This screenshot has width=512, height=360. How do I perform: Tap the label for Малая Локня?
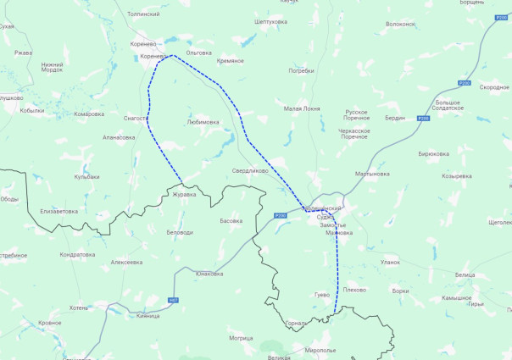coord(302,109)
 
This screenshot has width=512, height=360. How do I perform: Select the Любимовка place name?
coord(203,122)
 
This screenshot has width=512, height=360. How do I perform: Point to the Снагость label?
coord(136,119)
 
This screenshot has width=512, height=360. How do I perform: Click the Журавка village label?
coord(184,194)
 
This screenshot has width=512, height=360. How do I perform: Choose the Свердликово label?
coord(250,170)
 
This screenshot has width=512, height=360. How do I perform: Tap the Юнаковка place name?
coord(209,274)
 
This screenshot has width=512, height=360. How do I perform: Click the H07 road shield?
coord(173,300)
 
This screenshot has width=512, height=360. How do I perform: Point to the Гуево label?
coord(321,295)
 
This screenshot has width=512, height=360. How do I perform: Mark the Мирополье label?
coord(321,349)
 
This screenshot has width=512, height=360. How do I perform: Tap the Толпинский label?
coord(143,14)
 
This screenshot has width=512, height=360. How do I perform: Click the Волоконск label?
coord(400,24)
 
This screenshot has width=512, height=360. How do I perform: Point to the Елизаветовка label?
coord(59,211)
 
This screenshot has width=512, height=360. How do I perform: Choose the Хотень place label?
coord(78,307)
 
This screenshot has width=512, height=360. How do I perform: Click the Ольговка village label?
coord(198,53)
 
